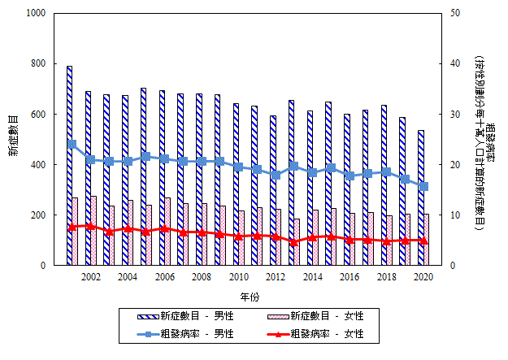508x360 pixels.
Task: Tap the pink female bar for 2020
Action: coord(427,239)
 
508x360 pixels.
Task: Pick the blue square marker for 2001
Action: coord(72,144)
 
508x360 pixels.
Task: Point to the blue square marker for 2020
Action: coord(423,186)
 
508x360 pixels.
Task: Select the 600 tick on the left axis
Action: coord(37,115)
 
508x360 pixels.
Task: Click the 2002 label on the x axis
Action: coord(91,277)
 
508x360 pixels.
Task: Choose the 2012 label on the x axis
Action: coord(276,277)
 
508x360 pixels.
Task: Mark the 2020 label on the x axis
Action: coord(423,277)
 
